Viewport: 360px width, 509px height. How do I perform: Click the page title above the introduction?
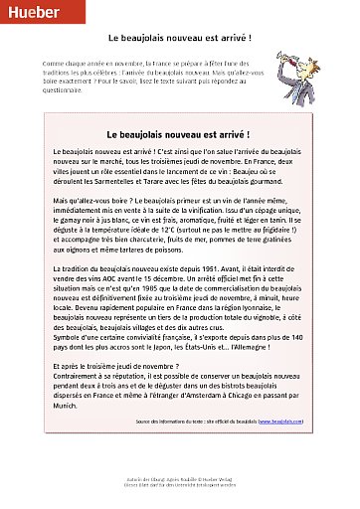click(179, 36)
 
